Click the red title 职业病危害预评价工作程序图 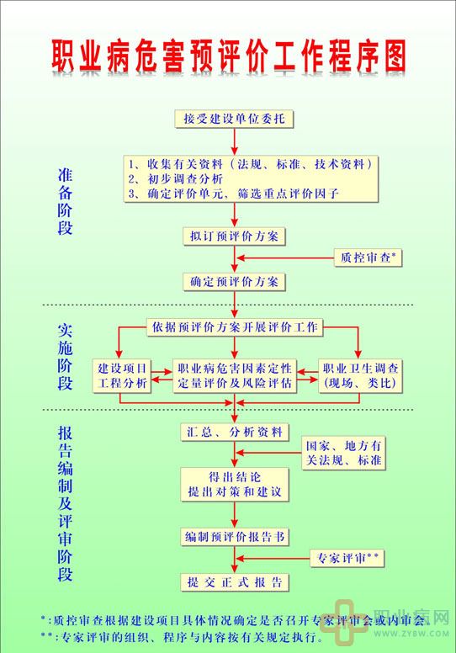[x=229, y=56]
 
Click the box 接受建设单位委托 [x=234, y=119]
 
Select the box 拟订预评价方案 [x=234, y=236]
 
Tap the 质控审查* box [x=369, y=257]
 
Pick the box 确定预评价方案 [x=234, y=282]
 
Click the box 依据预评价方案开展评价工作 [x=235, y=326]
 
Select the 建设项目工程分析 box [x=122, y=376]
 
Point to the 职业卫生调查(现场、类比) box [x=360, y=376]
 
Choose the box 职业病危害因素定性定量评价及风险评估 [x=235, y=376]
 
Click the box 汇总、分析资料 [x=235, y=433]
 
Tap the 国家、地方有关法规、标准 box [x=343, y=453]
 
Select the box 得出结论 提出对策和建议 [x=235, y=485]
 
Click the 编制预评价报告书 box [x=235, y=537]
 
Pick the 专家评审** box [x=347, y=558]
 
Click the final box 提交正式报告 [x=235, y=582]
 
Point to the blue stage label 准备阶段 [x=65, y=202]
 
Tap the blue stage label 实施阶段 [x=65, y=357]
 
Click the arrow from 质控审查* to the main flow [x=286, y=258]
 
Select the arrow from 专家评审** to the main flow [x=273, y=559]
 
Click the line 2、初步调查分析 [x=175, y=179]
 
